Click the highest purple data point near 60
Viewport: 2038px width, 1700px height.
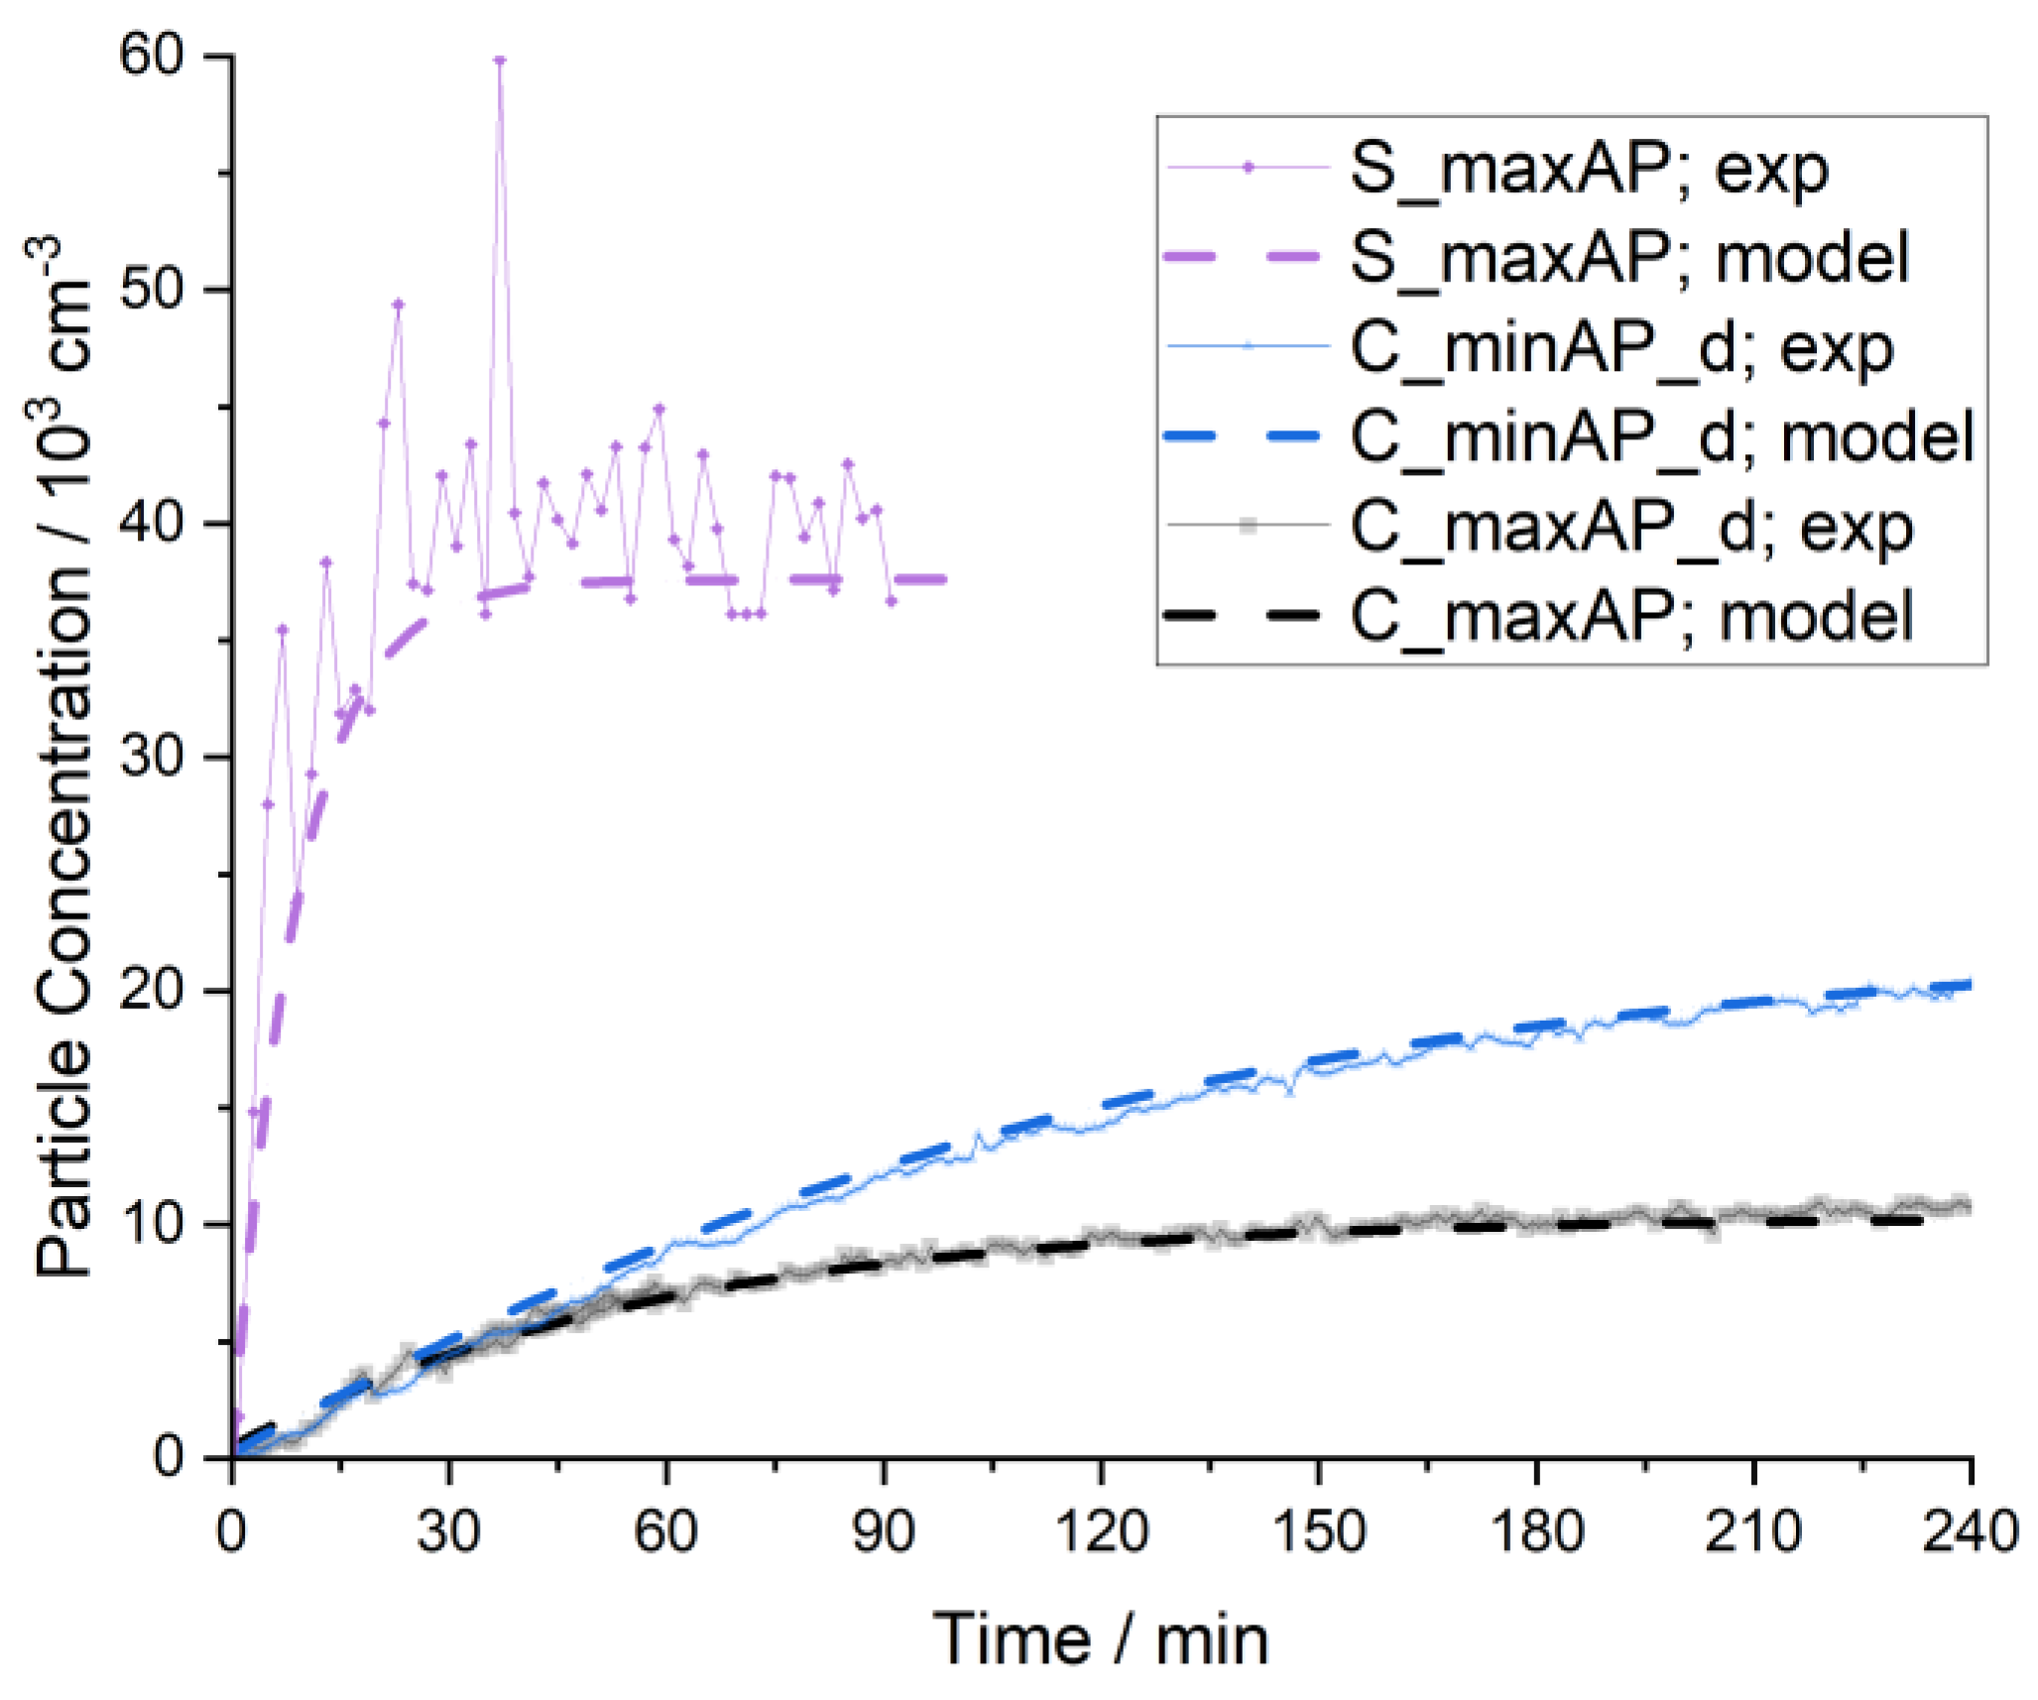[x=500, y=61]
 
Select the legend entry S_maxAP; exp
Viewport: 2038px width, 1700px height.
[x=1588, y=170]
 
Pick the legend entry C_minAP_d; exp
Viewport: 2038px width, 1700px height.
[x=1621, y=348]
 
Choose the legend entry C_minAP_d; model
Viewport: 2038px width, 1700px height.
[x=1662, y=437]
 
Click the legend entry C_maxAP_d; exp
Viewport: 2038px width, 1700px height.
[x=1631, y=527]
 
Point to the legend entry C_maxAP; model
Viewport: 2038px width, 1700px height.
[x=1630, y=616]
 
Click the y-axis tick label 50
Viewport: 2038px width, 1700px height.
[x=152, y=290]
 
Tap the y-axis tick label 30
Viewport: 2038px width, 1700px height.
[x=152, y=757]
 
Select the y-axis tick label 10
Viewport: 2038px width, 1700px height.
[x=152, y=1224]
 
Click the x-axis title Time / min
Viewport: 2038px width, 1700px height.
[x=1101, y=1641]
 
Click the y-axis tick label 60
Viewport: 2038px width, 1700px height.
[x=152, y=56]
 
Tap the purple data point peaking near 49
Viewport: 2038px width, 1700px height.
[x=399, y=304]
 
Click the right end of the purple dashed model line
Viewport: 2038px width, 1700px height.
[x=944, y=579]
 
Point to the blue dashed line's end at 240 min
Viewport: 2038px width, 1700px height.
[x=1968, y=985]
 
